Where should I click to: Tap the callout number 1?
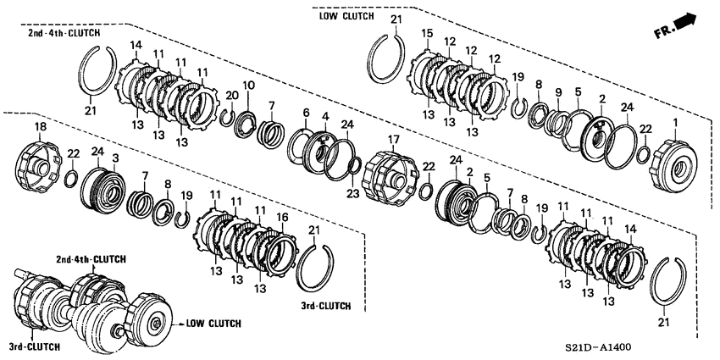(x=675, y=122)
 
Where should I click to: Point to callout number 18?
(x=39, y=126)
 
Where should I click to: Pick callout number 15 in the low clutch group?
(x=428, y=34)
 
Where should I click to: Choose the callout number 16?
(x=283, y=216)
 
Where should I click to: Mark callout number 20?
(x=232, y=96)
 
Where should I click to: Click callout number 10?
(x=248, y=86)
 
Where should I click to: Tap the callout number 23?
(x=352, y=194)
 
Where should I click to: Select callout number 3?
(x=116, y=158)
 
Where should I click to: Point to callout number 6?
(x=307, y=113)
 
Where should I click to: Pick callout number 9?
(x=558, y=92)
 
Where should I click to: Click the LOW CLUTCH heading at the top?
(x=346, y=16)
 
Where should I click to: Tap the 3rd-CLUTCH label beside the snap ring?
(x=326, y=305)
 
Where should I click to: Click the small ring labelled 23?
(x=354, y=167)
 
